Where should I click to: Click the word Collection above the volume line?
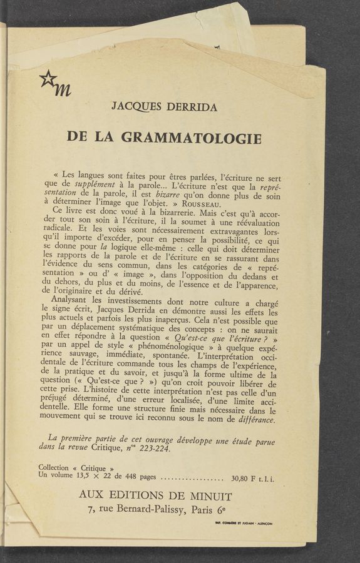(58, 468)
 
